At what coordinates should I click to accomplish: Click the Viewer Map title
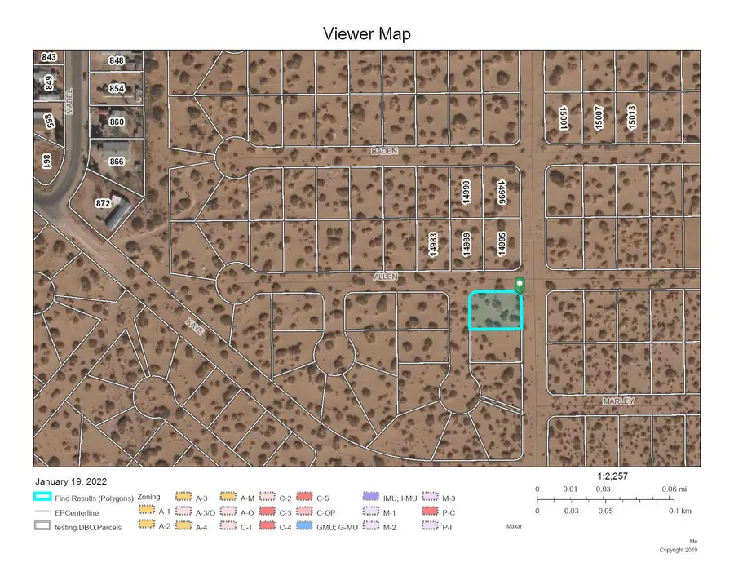coord(367,33)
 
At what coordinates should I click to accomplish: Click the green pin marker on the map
coord(520,286)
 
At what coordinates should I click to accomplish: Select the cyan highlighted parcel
coord(495,311)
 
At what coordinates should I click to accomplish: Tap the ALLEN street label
coord(385,277)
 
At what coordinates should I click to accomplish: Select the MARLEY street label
coord(618,401)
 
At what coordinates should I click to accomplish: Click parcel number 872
coord(103,202)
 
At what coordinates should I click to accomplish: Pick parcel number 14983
coord(434,246)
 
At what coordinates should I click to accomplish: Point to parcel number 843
coord(49,57)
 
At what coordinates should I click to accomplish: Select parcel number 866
coord(117,162)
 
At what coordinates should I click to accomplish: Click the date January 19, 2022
coord(71,481)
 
